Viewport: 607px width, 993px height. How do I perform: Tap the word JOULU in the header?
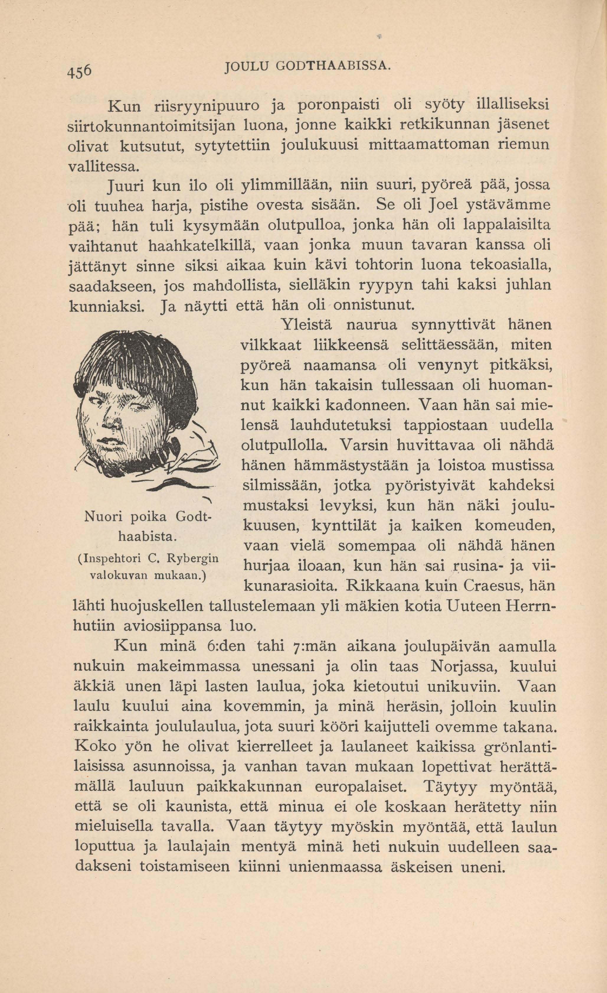(245, 65)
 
